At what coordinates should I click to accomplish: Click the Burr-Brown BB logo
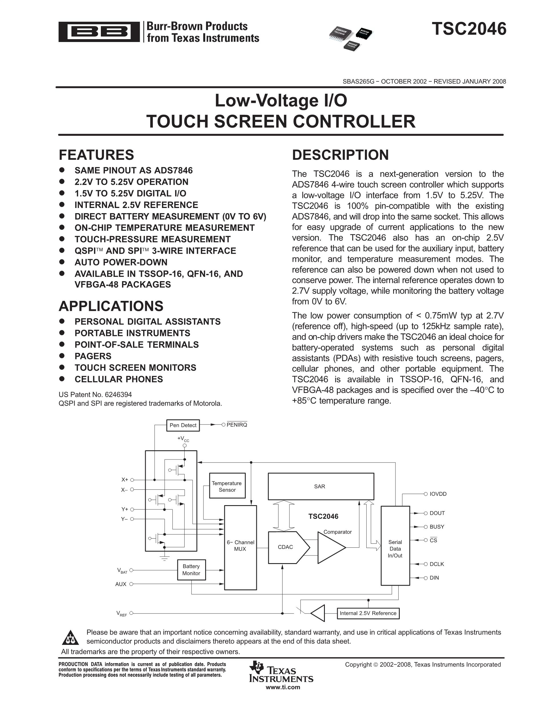click(x=99, y=32)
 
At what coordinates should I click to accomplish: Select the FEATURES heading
click(x=96, y=155)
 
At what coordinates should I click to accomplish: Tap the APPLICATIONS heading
click(x=111, y=306)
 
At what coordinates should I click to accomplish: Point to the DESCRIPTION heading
click(x=340, y=155)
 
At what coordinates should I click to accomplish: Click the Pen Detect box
click(x=183, y=425)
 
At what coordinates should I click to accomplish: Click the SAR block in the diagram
click(x=321, y=486)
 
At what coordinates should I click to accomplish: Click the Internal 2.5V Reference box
click(x=368, y=613)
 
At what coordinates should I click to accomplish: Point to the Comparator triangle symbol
click(x=331, y=547)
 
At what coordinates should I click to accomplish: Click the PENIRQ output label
click(x=237, y=425)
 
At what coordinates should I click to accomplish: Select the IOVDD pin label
click(x=438, y=494)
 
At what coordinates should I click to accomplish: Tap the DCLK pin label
click(x=437, y=564)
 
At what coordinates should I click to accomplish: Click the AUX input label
click(x=121, y=584)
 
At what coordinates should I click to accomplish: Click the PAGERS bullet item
click(x=93, y=356)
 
